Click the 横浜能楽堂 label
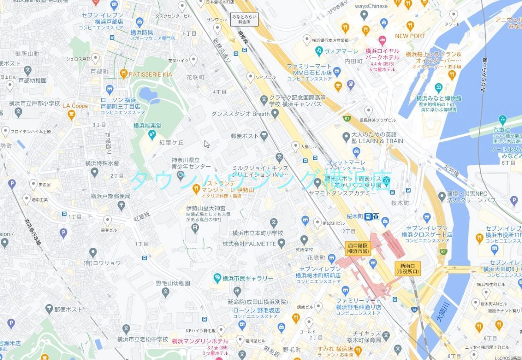[147, 125]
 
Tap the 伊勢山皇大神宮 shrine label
[207, 209]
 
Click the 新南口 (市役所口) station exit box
[408, 269]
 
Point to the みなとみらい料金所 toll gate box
[244, 18]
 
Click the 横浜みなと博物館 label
[438, 98]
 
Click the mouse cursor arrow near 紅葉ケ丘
[207, 144]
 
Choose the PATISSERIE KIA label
[150, 74]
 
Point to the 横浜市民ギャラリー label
[248, 278]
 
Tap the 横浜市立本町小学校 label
[257, 233]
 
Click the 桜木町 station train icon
[368, 216]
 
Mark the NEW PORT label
[410, 36]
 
